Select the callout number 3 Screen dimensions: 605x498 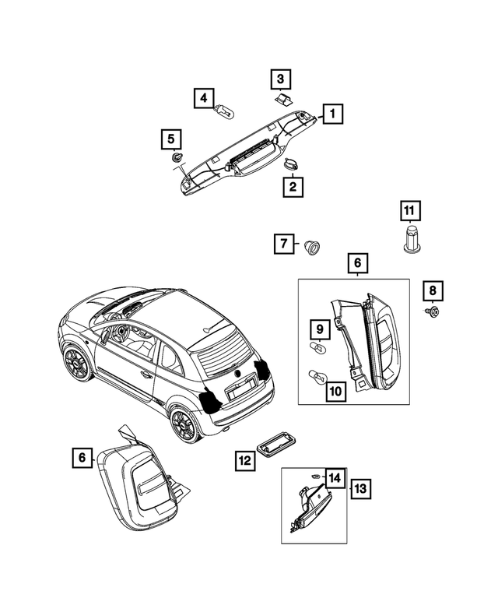pos(280,79)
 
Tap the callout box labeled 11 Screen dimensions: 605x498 pos(409,210)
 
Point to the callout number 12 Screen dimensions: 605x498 pos(245,460)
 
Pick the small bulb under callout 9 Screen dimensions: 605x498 pos(317,346)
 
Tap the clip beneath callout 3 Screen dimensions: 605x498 pos(282,97)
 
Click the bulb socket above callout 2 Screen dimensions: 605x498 pos(292,164)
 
